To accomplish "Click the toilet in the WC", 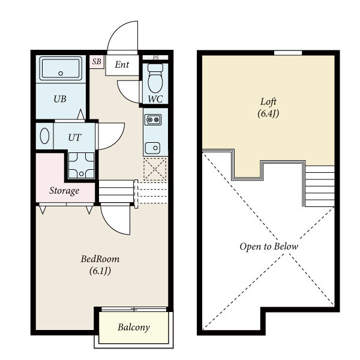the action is tap(155, 78).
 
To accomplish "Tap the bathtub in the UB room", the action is tap(61, 68).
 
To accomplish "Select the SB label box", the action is tap(97, 62).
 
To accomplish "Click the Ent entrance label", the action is tap(122, 65).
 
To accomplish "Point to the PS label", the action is tap(155, 58).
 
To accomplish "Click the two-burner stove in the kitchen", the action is tap(153, 119).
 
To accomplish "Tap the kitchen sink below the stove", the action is tap(152, 148).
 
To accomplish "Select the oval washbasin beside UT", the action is tap(44, 136).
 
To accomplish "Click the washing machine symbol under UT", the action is tap(81, 166).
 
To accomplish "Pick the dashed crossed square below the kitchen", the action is tap(155, 169).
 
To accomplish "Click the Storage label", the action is tap(64, 191).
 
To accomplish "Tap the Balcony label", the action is tap(134, 327).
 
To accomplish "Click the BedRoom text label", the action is tap(100, 259).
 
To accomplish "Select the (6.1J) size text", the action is tap(100, 271).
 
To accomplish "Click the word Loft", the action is tap(268, 102).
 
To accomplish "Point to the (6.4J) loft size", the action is tap(268, 113).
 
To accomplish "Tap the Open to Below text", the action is tap(269, 247).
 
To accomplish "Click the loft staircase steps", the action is tap(320, 186).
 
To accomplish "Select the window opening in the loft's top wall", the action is tap(288, 53).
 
